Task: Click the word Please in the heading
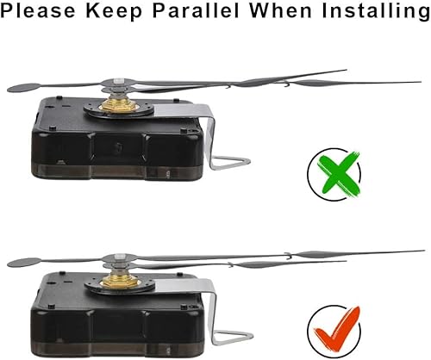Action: click(38, 11)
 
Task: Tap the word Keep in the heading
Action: click(114, 11)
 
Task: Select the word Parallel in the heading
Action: click(196, 10)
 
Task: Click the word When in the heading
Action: click(280, 10)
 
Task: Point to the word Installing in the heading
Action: click(376, 11)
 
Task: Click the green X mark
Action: click(339, 174)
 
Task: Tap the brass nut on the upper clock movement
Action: click(119, 104)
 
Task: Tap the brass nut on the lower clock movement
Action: click(121, 281)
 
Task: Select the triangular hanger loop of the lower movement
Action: click(232, 338)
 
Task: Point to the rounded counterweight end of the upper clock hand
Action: click(24, 88)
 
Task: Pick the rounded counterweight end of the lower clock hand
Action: click(24, 263)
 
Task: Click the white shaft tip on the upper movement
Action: click(119, 81)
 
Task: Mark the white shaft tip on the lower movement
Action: click(120, 257)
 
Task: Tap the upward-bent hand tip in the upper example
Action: click(347, 70)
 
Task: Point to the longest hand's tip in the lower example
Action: click(424, 251)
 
